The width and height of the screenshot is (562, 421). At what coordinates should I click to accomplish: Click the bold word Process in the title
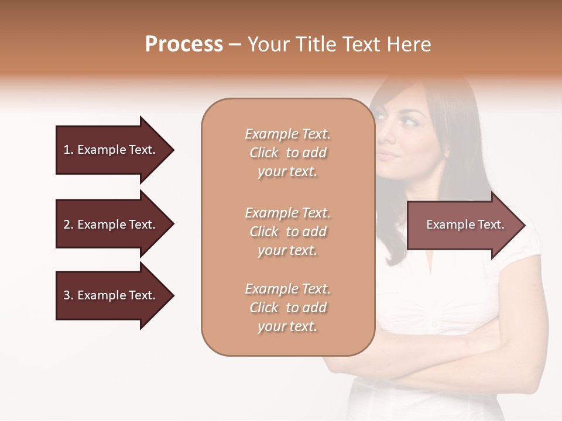[x=184, y=44]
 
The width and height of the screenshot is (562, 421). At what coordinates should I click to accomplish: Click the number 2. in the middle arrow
[x=68, y=225]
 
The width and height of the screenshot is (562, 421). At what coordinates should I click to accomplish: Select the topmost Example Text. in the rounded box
[x=287, y=134]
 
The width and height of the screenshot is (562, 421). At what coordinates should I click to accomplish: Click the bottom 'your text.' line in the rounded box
[x=287, y=326]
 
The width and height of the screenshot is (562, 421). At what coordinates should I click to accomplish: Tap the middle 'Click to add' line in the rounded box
[x=287, y=232]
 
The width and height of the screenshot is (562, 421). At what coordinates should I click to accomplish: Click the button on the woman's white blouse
[x=434, y=323]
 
